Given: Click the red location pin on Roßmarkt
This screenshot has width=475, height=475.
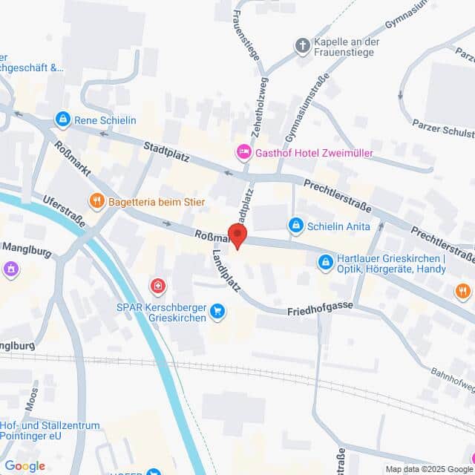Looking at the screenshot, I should click(237, 235).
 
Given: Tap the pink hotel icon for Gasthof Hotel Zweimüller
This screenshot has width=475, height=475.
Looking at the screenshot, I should click(243, 153).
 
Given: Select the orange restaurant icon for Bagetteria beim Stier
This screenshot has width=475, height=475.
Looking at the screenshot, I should click(96, 200).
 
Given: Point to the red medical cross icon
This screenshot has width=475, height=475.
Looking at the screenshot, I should click(157, 286).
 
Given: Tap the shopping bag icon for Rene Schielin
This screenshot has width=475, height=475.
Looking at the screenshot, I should click(63, 119).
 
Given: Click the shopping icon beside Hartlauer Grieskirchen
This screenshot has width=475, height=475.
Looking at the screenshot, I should click(325, 262).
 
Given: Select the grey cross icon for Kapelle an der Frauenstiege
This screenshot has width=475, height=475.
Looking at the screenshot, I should click(302, 46).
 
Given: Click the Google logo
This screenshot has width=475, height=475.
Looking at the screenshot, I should click(24, 466).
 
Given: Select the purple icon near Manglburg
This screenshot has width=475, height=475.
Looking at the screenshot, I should click(11, 269).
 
